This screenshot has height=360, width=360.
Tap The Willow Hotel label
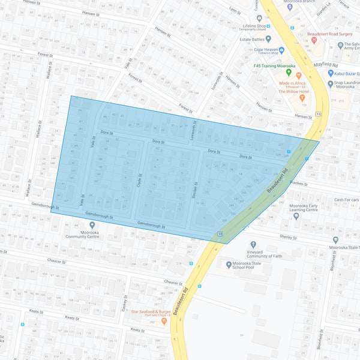[x=293, y=92]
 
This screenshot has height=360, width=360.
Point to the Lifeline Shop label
[x=254, y=26]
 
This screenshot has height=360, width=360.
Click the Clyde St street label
[x=139, y=182]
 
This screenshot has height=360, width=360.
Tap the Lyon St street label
[x=235, y=10]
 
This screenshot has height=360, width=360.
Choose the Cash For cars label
[x=347, y=200]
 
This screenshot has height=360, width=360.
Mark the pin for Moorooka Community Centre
[x=83, y=227]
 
